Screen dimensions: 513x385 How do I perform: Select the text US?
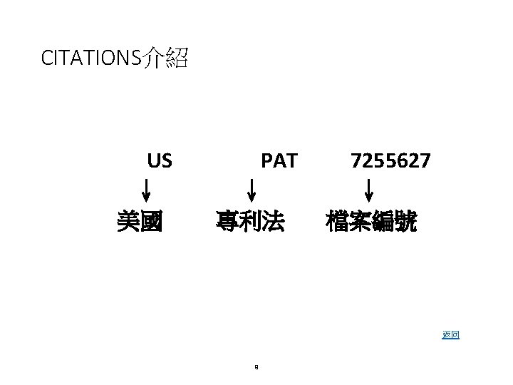pos(160,161)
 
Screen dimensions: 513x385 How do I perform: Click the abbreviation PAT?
pos(279,161)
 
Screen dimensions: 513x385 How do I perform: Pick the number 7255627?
pos(390,161)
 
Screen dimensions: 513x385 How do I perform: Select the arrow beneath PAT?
pos(252,192)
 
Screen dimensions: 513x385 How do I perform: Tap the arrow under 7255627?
pos(369,192)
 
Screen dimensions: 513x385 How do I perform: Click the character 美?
pos(128,222)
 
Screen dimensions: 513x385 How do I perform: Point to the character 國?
pos(151,222)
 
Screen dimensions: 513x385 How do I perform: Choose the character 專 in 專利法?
pos(228,222)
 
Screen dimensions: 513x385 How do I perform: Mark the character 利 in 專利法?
pos(251,222)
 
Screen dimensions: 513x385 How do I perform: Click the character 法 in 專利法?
pos(274,222)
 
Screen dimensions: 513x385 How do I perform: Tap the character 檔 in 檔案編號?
pos(336,222)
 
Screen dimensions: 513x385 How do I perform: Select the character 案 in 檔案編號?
pos(360,222)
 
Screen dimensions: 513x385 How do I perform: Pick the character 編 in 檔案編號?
pos(383,222)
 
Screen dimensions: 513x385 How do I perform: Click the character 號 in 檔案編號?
pos(406,222)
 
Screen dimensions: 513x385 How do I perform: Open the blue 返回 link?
pos(450,334)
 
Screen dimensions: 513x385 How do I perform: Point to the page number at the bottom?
pos(255,368)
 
